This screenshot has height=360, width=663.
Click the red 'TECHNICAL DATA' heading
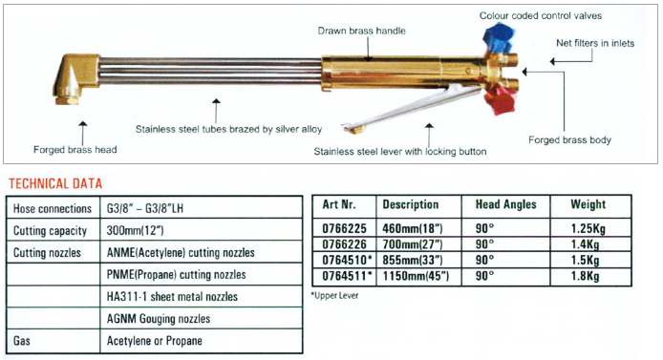pos(54,183)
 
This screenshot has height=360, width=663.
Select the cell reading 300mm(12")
pos(134,231)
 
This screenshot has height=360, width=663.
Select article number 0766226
pos(337,244)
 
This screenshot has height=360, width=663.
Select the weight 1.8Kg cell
pos(583,277)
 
